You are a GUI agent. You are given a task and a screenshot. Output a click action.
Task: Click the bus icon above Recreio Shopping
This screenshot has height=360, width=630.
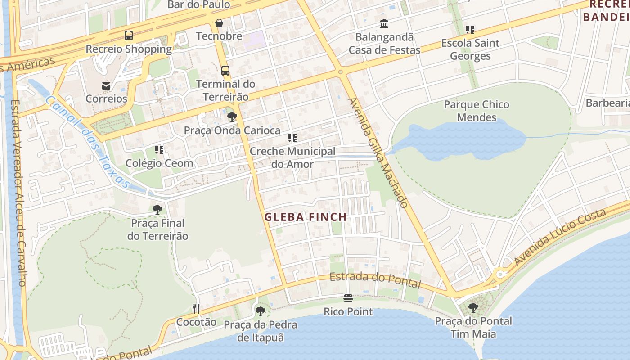pyautogui.click(x=129, y=35)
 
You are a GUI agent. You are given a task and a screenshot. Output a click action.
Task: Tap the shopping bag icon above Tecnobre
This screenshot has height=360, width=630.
pyautogui.click(x=219, y=22)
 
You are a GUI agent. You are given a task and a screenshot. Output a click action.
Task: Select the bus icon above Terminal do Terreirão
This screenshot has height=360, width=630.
pyautogui.click(x=225, y=70)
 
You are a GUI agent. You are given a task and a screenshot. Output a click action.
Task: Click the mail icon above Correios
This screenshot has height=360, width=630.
pyautogui.click(x=106, y=85)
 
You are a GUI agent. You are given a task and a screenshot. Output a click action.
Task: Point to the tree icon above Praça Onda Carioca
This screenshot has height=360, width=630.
pyautogui.click(x=232, y=117)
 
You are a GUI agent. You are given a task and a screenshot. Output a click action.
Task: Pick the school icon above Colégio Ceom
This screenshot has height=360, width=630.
pyautogui.click(x=159, y=149)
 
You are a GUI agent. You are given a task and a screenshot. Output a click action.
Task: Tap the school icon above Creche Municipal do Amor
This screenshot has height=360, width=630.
pyautogui.click(x=292, y=138)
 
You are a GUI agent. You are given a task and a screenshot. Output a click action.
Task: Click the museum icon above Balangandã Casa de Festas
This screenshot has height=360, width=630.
pyautogui.click(x=384, y=23)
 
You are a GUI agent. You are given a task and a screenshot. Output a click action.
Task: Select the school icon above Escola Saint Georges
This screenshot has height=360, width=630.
pyautogui.click(x=470, y=30)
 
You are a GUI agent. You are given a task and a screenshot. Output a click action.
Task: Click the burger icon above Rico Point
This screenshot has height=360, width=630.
pyautogui.click(x=348, y=298)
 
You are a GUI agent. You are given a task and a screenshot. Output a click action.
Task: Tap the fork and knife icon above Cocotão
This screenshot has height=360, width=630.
pyautogui.click(x=196, y=308)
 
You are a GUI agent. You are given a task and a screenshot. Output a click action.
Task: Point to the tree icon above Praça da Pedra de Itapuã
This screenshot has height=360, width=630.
pyautogui.click(x=260, y=311)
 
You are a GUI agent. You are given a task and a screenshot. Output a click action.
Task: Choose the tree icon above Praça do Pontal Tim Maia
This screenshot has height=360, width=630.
pyautogui.click(x=473, y=308)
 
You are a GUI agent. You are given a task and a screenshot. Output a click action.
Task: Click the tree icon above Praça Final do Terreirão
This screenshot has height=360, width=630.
pyautogui.click(x=157, y=209)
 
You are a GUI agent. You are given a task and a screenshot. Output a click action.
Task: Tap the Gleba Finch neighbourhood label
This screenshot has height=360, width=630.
pyautogui.click(x=306, y=217)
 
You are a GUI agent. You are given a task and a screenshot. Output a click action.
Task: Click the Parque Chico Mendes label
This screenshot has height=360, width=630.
pyautogui.click(x=477, y=111)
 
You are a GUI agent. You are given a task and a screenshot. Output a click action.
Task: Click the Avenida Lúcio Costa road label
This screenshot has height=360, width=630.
pyautogui.click(x=560, y=237)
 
